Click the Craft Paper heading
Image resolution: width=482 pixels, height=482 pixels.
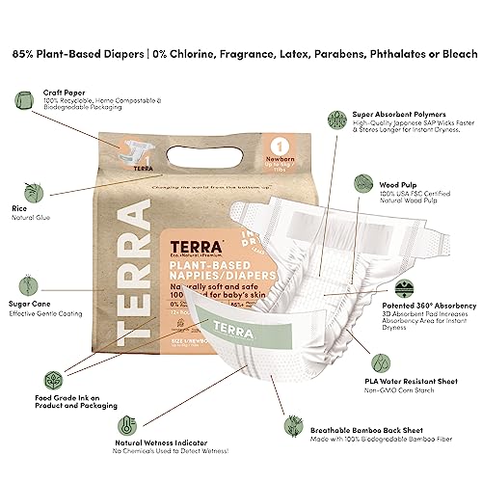pos(65,93)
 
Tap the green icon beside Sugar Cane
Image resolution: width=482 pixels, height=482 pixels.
pos(22,281)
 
